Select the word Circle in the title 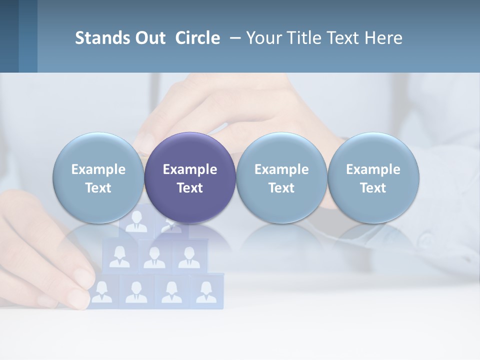(x=197, y=38)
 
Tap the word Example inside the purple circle (x=190, y=169)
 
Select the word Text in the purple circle (x=190, y=188)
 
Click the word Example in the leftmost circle (x=98, y=169)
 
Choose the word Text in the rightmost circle (x=373, y=188)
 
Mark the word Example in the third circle (x=281, y=169)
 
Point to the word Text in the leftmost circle (x=98, y=188)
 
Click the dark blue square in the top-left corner (x=9, y=36)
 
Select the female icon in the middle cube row (x=119, y=256)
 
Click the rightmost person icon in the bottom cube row (x=206, y=291)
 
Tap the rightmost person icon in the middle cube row (x=188, y=257)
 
